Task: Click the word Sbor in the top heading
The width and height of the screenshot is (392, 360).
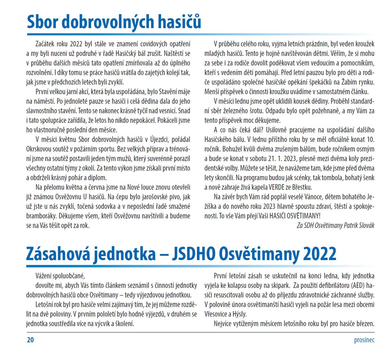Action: [42, 22]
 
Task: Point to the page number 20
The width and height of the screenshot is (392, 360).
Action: [30, 340]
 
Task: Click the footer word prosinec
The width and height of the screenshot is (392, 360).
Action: [364, 340]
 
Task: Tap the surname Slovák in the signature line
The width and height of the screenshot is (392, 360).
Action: [364, 225]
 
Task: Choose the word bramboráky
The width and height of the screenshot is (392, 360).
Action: [41, 216]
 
